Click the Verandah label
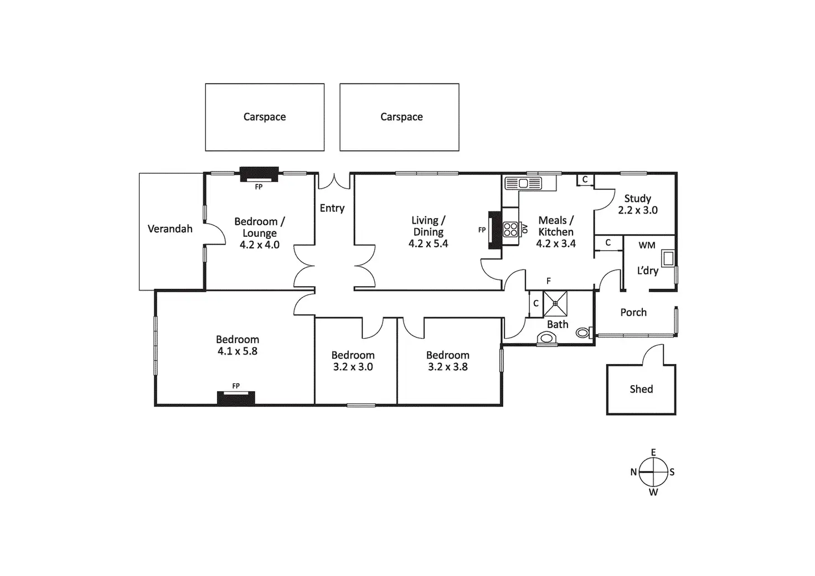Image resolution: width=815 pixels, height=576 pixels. tap(170, 229)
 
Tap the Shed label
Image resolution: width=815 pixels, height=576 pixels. tap(641, 389)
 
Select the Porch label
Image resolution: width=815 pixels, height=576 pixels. tap(633, 312)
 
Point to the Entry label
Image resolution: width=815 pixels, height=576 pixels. tap(332, 208)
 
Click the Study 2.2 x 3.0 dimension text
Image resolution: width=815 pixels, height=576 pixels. tap(638, 210)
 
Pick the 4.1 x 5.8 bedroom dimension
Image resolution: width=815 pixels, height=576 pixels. tap(237, 351)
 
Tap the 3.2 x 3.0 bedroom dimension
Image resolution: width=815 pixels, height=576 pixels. tap(353, 366)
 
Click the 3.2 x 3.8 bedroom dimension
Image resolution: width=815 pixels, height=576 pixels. tap(447, 366)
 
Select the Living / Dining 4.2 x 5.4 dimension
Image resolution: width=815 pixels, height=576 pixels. tap(428, 243)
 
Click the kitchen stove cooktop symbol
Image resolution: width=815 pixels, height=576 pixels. tap(510, 229)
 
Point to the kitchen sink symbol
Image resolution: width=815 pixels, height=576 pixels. tap(523, 183)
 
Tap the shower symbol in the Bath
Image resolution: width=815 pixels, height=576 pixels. tap(555, 303)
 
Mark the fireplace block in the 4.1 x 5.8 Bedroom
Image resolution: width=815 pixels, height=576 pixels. tap(236, 398)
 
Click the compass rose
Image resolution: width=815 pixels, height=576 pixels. tap(653, 473)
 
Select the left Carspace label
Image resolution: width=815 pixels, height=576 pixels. tap(265, 117)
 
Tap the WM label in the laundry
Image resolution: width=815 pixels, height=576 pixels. tap(647, 245)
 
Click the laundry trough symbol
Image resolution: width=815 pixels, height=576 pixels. tap(668, 258)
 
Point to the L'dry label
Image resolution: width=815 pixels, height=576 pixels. tap(647, 271)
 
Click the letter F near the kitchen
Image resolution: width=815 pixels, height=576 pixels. tap(549, 281)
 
